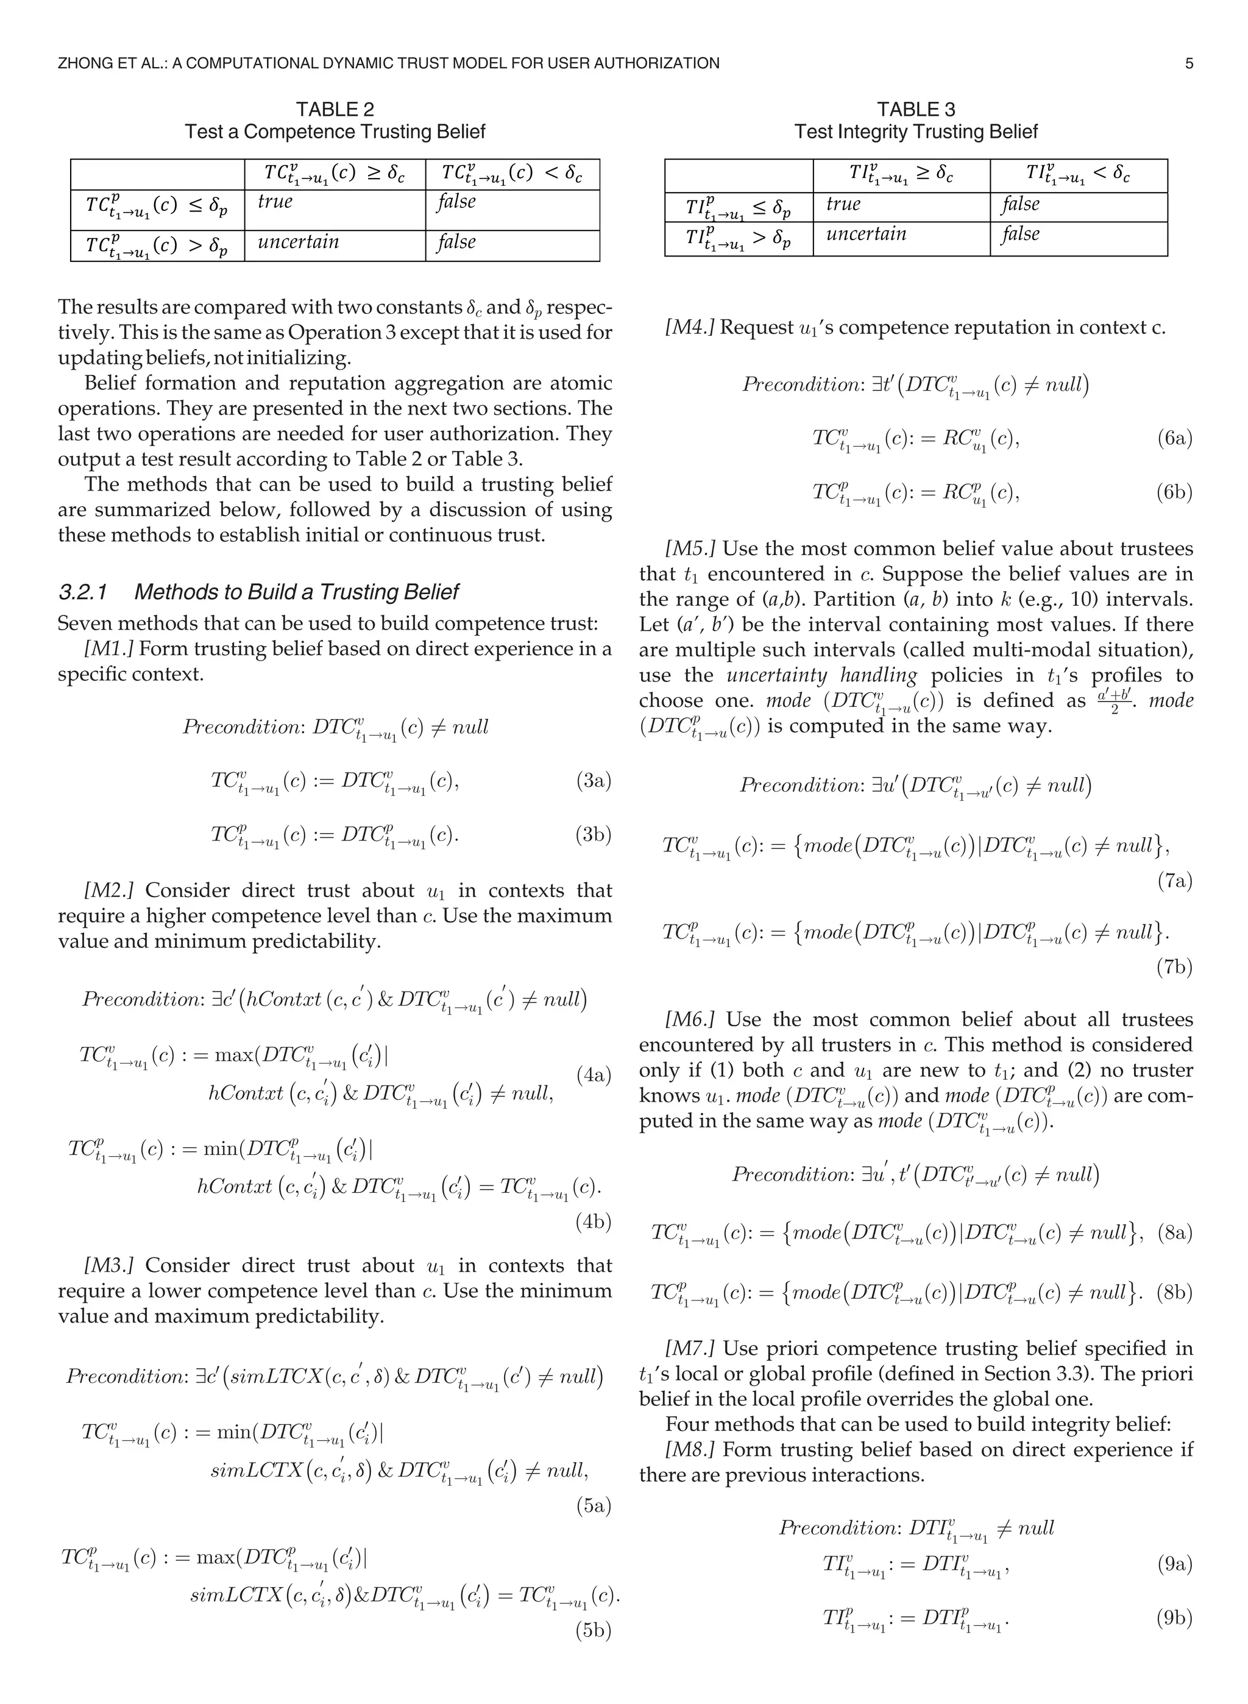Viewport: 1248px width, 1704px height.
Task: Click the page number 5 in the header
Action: [1189, 63]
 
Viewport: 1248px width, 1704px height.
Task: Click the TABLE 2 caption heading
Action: [335, 110]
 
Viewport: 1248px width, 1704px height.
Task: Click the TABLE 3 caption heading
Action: [916, 110]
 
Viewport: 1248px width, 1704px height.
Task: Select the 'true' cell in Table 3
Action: [843, 205]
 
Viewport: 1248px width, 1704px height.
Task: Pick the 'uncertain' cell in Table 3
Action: [866, 234]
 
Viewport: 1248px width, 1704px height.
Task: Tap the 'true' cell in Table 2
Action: [275, 202]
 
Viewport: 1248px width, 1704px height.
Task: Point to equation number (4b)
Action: [593, 1221]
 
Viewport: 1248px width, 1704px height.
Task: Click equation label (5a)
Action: [593, 1505]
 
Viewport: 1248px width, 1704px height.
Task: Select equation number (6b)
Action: [1174, 492]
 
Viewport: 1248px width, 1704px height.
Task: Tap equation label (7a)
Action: [1174, 881]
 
